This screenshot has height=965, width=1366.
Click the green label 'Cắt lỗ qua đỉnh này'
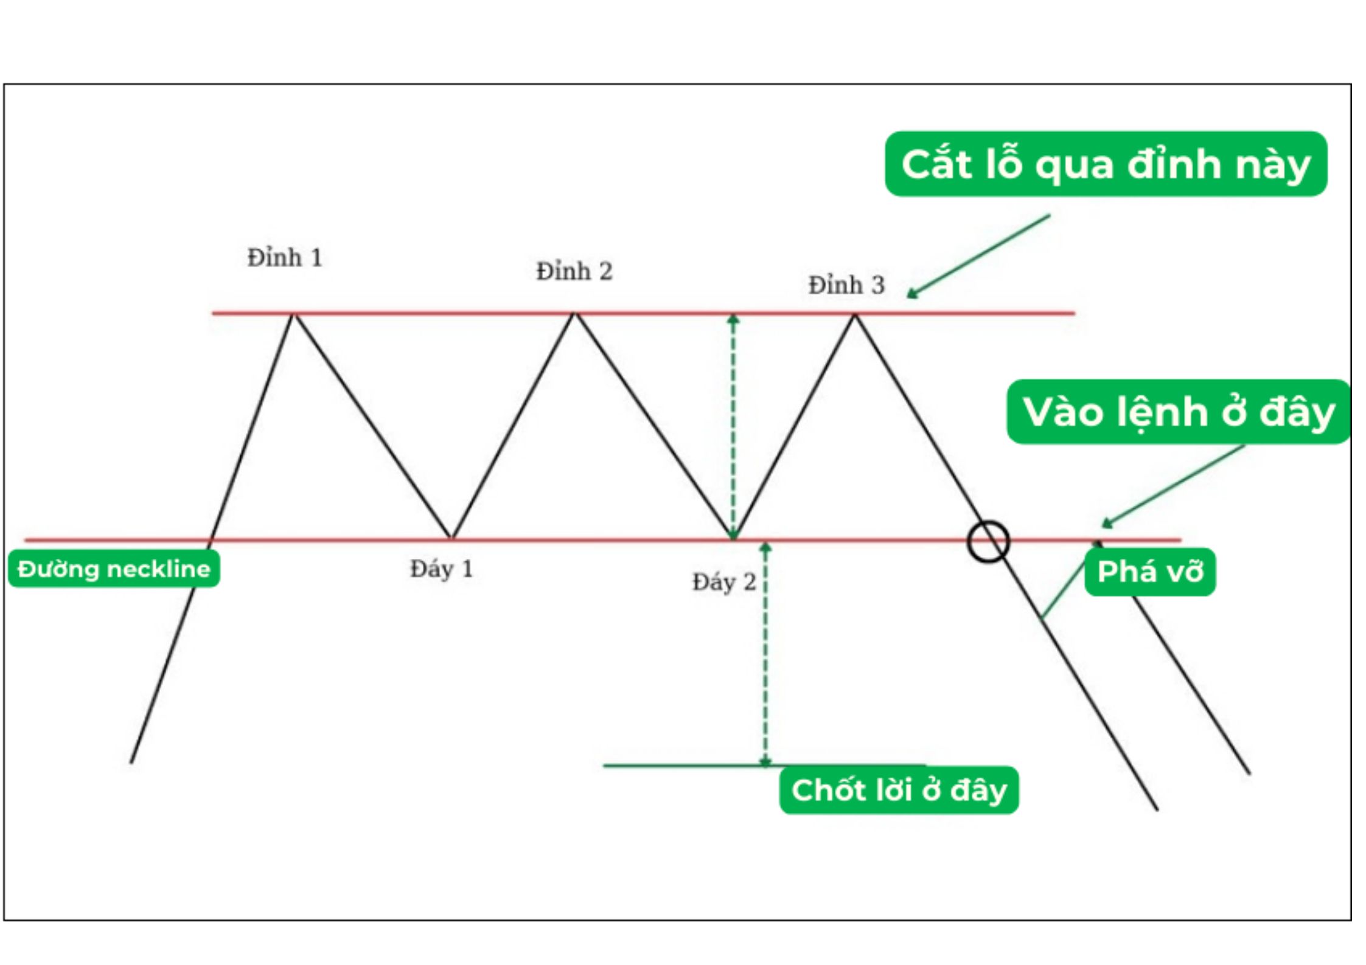[x=1105, y=164]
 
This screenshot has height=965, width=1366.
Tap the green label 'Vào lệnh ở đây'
[x=1178, y=412]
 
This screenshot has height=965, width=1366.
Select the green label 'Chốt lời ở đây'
[x=899, y=790]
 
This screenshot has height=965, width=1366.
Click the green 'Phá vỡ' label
[x=1150, y=572]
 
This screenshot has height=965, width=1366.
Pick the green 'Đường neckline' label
[x=114, y=569]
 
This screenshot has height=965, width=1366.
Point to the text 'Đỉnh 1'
[x=284, y=258]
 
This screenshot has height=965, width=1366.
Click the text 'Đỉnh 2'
[x=574, y=271]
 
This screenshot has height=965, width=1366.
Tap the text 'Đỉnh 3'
[x=846, y=285]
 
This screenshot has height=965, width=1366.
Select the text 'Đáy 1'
[x=441, y=569]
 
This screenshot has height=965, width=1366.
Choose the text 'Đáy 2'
[x=724, y=583]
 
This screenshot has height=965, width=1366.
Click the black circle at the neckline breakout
[x=988, y=541]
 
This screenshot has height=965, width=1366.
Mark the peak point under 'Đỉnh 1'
[x=293, y=314]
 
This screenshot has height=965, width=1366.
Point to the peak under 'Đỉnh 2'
[x=574, y=314]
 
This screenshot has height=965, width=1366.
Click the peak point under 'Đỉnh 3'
[x=854, y=315]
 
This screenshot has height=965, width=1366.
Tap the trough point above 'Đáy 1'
[x=451, y=538]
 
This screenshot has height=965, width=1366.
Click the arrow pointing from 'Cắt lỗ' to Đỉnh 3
[x=978, y=256]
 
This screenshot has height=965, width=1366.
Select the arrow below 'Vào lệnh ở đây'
[x=1172, y=486]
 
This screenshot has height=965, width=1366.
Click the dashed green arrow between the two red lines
[x=733, y=426]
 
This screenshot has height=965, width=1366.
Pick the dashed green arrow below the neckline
[x=765, y=654]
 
